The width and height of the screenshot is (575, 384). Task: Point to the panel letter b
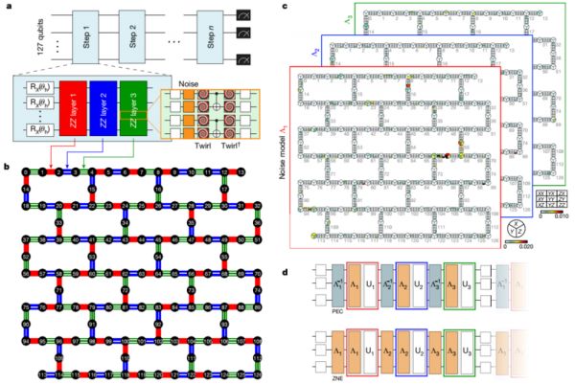tap(8, 140)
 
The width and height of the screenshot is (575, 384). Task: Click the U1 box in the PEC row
tap(373, 285)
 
